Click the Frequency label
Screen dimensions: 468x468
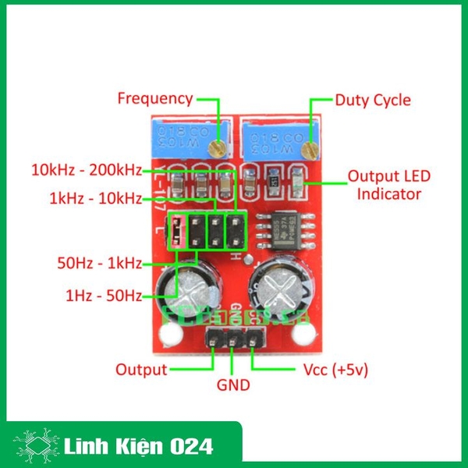[154, 99]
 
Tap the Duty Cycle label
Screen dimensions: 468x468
[372, 100]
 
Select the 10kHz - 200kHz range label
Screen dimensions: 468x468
[86, 169]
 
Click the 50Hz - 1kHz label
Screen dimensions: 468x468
[99, 262]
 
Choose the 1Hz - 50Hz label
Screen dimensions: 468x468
[104, 296]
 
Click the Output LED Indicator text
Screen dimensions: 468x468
[389, 185]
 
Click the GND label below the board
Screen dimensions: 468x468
[232, 385]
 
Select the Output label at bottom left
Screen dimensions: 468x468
[141, 369]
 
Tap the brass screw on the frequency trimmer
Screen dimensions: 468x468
[221, 145]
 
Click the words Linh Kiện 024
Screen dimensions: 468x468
[137, 446]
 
